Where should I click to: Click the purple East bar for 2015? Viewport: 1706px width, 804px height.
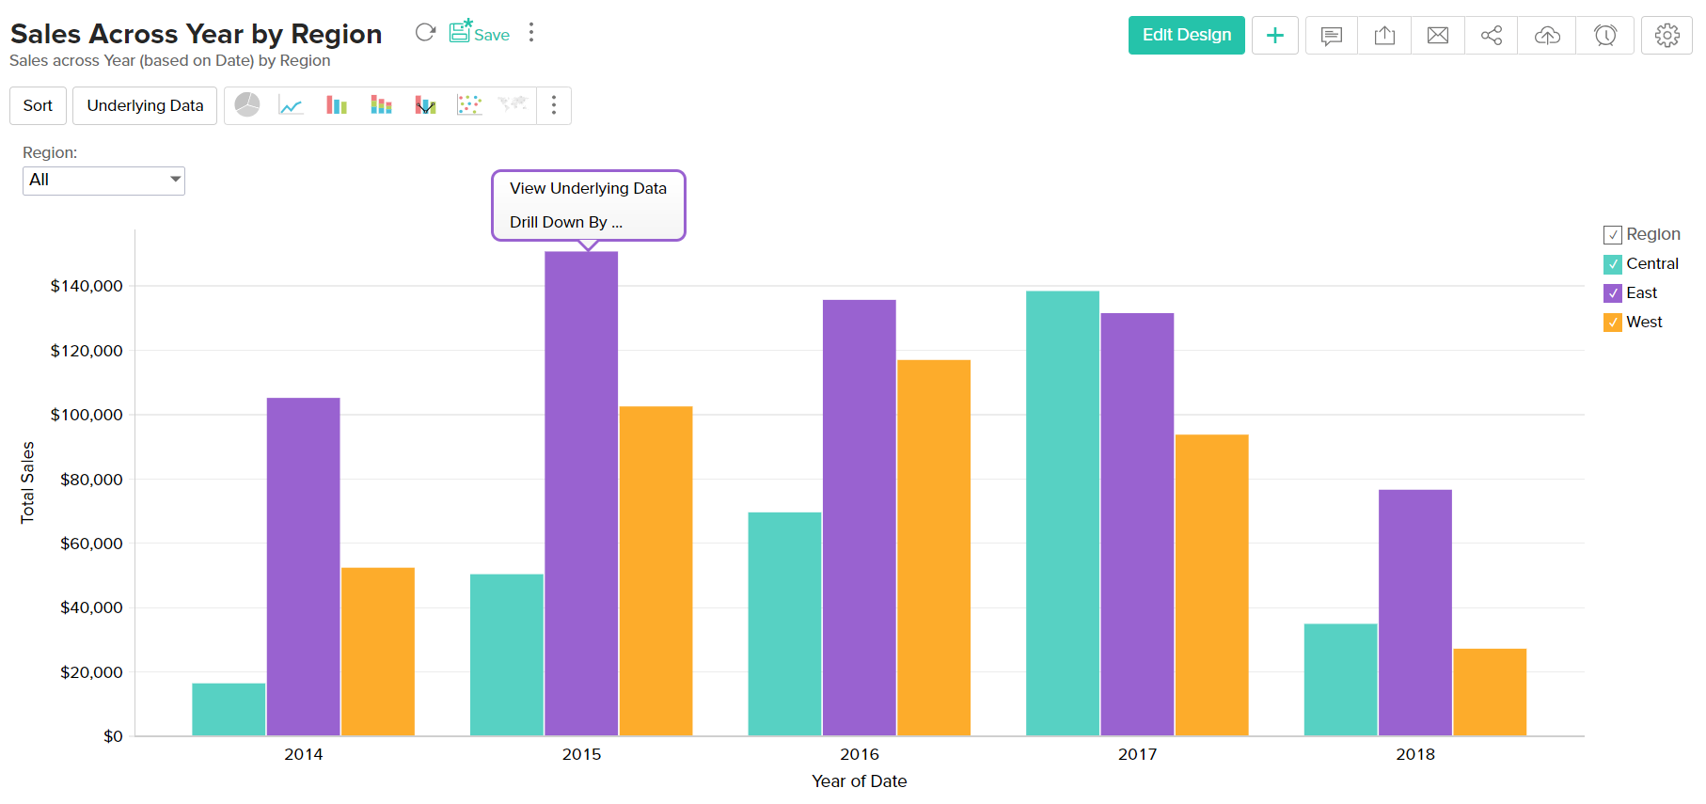(581, 494)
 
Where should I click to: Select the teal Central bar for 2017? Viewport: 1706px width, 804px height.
(1063, 513)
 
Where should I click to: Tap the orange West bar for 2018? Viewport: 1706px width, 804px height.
(1490, 692)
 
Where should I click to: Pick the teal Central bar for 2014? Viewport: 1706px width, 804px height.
(229, 709)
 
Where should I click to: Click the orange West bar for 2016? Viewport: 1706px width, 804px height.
(934, 547)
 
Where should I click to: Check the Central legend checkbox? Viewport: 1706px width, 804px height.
(1613, 264)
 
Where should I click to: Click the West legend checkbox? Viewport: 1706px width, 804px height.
(1613, 323)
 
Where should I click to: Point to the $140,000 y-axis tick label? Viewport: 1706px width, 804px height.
(87, 286)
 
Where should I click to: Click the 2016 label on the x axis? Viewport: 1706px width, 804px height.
(860, 754)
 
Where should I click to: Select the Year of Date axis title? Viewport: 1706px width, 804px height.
(860, 781)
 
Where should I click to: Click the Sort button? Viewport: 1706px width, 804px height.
(38, 105)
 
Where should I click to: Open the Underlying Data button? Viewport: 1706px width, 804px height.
(145, 105)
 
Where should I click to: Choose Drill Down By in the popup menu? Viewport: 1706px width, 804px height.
(566, 222)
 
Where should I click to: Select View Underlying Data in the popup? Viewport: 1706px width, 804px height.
(588, 188)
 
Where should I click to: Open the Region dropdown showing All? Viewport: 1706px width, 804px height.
(103, 180)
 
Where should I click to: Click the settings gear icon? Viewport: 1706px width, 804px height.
(1667, 36)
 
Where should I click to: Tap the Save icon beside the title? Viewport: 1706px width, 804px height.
(479, 33)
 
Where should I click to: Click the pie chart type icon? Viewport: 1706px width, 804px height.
(247, 105)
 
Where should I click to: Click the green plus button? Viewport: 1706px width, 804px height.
(1275, 36)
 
